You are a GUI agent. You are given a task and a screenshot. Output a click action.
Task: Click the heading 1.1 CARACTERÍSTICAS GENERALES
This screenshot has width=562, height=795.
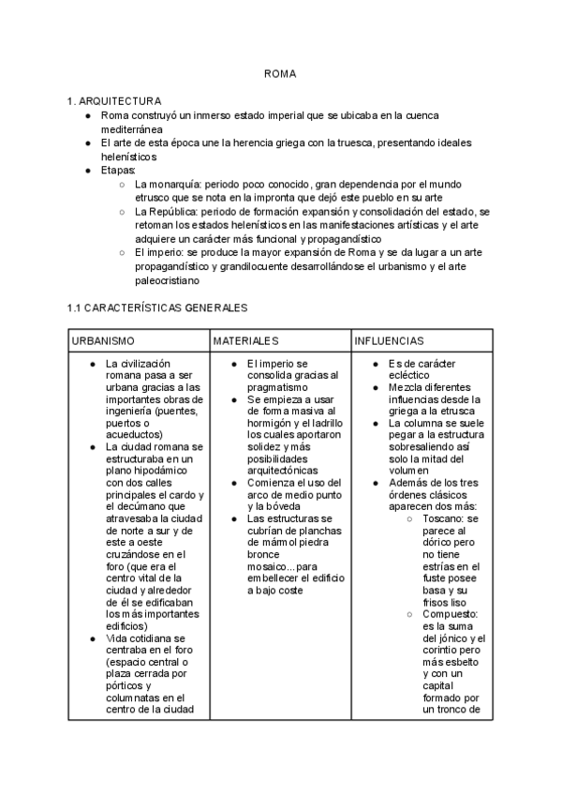click(x=156, y=307)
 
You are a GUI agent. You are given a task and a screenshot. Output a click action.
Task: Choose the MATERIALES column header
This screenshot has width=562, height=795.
click(x=245, y=341)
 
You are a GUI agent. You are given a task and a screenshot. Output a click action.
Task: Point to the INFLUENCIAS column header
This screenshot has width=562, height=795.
click(x=390, y=341)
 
